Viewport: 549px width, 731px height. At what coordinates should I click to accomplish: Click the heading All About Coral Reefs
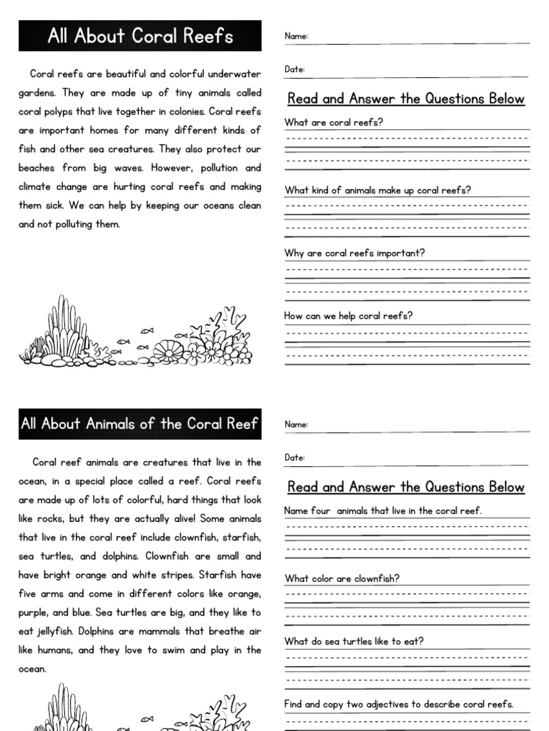(140, 36)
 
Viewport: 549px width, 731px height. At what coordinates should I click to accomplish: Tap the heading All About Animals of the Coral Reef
(139, 424)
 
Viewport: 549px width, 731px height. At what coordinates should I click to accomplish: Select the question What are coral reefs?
(334, 122)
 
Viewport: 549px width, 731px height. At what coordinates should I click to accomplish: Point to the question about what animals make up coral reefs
(377, 190)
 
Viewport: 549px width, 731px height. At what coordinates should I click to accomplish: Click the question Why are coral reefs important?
(355, 253)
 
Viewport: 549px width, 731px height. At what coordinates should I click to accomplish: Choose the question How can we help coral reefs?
(348, 316)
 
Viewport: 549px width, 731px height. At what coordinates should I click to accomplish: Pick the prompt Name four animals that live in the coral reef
(383, 510)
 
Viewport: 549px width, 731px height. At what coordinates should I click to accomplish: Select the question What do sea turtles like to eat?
(354, 641)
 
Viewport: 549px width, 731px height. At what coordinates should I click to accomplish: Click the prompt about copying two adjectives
(399, 704)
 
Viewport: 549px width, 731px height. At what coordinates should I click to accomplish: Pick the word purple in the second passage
(34, 613)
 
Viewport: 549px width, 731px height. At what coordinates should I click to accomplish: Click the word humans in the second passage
(56, 650)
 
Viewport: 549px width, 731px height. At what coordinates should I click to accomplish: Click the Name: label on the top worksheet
(296, 36)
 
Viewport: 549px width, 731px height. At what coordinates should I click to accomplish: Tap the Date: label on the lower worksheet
(295, 458)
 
